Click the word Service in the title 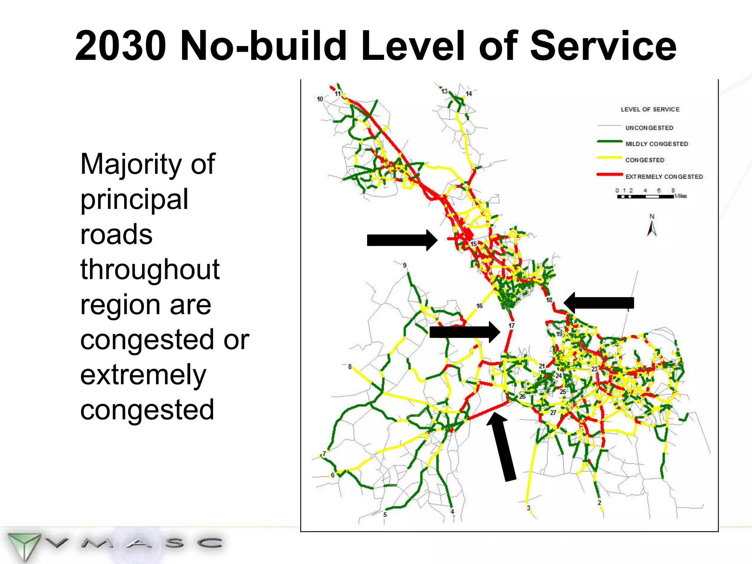click(x=603, y=46)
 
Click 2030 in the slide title click(x=120, y=46)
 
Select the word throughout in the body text click(x=150, y=270)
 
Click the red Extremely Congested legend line click(x=609, y=174)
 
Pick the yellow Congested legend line click(x=609, y=158)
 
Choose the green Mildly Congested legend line click(x=609, y=141)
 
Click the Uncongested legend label click(x=649, y=128)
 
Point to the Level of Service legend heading click(x=650, y=109)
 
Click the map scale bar click(x=645, y=197)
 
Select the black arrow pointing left click(x=599, y=303)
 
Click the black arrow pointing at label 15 click(x=402, y=240)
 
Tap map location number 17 click(x=511, y=326)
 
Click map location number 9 click(x=405, y=265)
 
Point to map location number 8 click(x=350, y=366)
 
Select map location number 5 click(x=385, y=514)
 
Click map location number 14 click(x=469, y=94)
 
